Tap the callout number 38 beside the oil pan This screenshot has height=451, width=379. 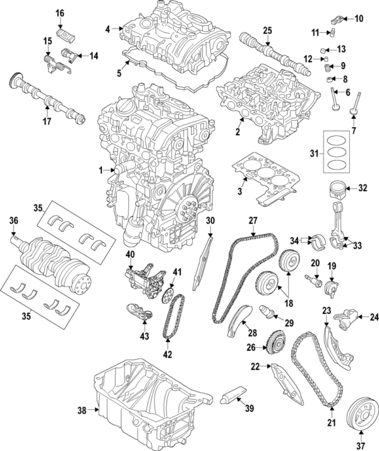(x=81, y=411)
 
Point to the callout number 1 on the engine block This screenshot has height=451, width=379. (x=100, y=171)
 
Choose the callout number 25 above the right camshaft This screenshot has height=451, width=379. (x=267, y=30)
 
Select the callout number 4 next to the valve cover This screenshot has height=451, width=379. (x=108, y=28)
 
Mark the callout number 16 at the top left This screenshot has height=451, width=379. (x=60, y=13)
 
